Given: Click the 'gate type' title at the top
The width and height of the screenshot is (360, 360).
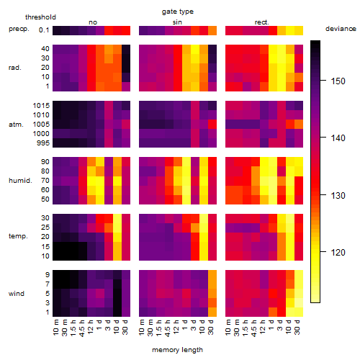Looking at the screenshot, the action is (x=178, y=12).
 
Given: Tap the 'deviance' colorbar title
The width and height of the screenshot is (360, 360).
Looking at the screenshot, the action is (x=341, y=29).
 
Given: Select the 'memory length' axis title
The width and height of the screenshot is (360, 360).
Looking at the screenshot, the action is (x=177, y=350).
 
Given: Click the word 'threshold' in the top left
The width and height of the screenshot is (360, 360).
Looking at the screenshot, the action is (x=40, y=17).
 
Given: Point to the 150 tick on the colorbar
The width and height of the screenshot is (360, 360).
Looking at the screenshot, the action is (x=323, y=81).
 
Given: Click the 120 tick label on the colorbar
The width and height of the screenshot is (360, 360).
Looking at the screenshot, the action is (x=338, y=253).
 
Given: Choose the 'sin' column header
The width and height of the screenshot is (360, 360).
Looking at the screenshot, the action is (x=177, y=22).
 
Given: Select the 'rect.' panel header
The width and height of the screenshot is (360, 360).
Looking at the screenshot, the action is (x=261, y=22).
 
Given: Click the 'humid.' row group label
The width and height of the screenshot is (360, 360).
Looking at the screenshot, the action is (x=20, y=181).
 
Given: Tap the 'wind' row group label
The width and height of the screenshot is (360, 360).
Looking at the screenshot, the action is (x=17, y=294).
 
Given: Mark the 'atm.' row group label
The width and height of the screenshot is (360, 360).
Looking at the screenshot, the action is (x=16, y=125).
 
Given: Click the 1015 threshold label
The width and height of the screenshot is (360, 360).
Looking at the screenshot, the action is (x=41, y=105).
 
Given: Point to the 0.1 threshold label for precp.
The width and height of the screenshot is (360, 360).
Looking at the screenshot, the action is (x=44, y=30).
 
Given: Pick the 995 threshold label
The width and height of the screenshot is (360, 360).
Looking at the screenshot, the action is (x=43, y=143).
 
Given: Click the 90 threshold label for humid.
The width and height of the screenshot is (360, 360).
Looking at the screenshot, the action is (x=45, y=162).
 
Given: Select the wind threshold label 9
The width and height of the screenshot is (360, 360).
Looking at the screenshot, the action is (x=48, y=275).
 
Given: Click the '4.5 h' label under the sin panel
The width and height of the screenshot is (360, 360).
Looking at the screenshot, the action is (x=168, y=328).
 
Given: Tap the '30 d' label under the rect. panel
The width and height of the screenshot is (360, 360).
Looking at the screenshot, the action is (x=297, y=327).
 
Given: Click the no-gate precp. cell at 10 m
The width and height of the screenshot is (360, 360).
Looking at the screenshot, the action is (x=57, y=30).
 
